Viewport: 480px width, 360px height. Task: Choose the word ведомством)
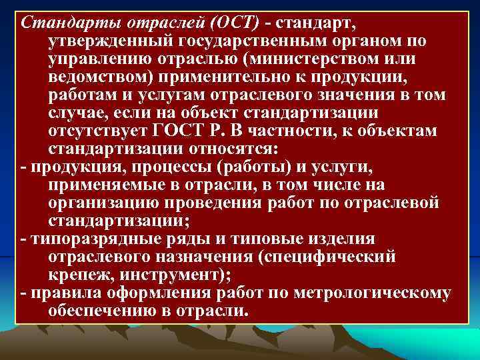click(x=97, y=76)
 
